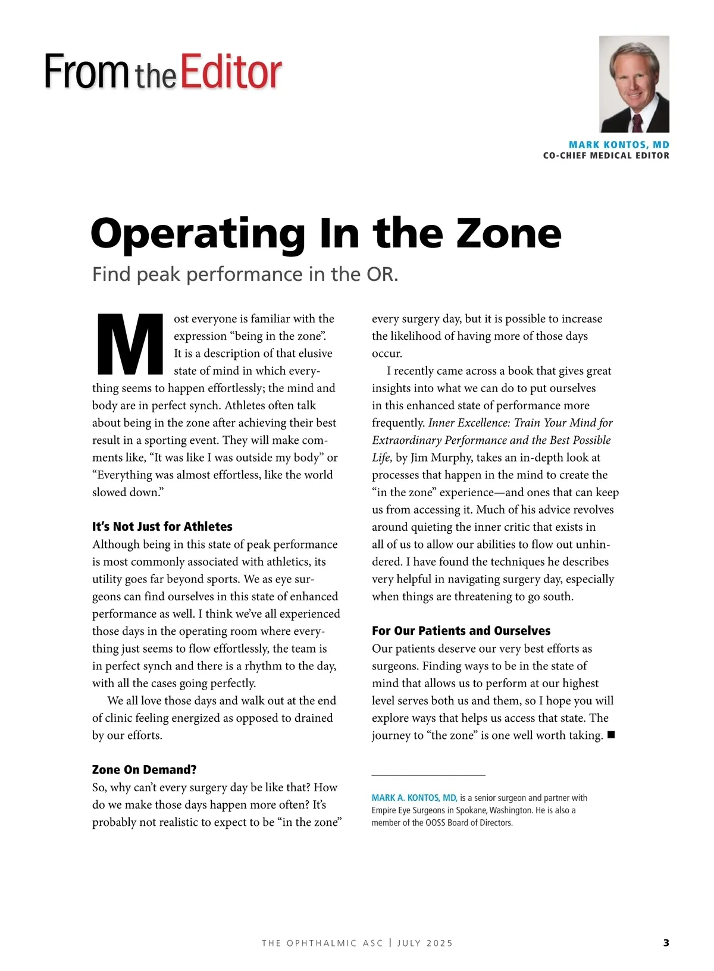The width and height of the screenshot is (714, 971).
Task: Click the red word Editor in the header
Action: click(x=231, y=73)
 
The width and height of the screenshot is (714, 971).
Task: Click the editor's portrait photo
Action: click(x=634, y=84)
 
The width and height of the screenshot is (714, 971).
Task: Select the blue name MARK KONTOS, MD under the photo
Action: click(x=619, y=145)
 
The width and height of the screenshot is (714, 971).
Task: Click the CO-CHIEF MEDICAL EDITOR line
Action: click(x=606, y=156)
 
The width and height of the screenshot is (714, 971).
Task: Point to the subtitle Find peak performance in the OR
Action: click(x=245, y=274)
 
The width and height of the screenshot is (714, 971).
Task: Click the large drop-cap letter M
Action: click(x=129, y=345)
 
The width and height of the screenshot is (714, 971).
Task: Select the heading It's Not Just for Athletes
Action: click(x=162, y=527)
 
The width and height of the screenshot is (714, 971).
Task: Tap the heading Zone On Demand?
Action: click(x=144, y=770)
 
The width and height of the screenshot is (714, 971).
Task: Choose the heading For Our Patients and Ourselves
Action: click(x=461, y=631)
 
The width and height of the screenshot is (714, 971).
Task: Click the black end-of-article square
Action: click(x=610, y=735)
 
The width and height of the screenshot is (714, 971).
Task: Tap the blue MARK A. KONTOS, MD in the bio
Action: click(x=414, y=798)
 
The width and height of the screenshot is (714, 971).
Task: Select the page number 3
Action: click(x=666, y=942)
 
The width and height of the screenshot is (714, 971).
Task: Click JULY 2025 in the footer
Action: click(x=425, y=943)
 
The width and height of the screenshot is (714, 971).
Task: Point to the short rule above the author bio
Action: click(x=428, y=775)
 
